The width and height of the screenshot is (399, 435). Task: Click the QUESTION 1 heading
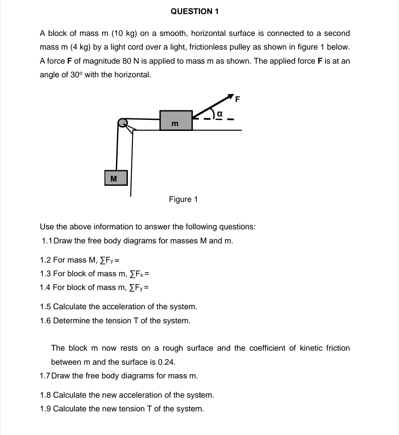click(x=195, y=11)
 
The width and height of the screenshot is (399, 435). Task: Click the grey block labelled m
click(x=176, y=120)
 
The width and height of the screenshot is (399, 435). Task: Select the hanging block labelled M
click(x=116, y=178)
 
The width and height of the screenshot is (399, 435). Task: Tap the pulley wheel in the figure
click(x=122, y=122)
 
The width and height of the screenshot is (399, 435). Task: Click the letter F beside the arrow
click(x=238, y=99)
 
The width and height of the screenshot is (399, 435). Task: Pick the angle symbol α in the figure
click(x=219, y=114)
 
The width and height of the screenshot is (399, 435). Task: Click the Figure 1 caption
click(x=183, y=199)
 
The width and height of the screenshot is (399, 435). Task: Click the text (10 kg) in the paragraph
click(x=123, y=33)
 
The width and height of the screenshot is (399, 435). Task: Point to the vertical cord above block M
click(x=117, y=148)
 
